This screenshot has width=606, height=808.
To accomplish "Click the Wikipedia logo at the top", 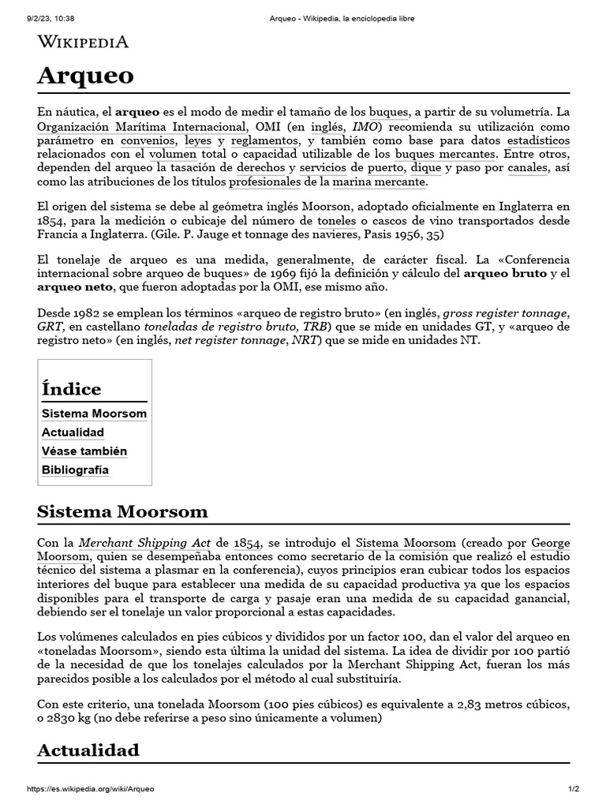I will coord(83,42).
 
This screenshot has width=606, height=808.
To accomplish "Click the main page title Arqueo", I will coord(85,76).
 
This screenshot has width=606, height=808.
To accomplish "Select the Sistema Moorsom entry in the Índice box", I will coord(94,413).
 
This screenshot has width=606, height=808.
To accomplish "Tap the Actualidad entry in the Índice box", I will coord(73,432).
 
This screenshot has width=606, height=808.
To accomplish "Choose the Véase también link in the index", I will coord(84,451).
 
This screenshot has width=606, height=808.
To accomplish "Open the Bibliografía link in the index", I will coord(75,470).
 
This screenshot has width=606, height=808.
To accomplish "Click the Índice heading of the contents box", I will coord(71,389).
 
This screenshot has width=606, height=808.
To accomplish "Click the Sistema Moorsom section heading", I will coord(122,511).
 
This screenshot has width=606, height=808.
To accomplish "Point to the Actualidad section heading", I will coord(88,750).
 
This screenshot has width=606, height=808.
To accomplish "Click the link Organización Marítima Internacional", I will coord(142,126).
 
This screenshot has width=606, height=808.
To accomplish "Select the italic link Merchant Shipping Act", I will coord(144,543).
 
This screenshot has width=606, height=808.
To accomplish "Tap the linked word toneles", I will coord(337,222).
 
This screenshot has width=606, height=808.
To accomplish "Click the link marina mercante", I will coord(379,182).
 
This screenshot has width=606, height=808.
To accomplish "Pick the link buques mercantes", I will coord(445,154).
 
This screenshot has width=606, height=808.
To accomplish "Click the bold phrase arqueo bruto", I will coord(503,274).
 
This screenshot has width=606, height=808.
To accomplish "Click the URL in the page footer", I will coord(91,789).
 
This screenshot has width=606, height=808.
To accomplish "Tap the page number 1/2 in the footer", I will coord(573,789).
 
